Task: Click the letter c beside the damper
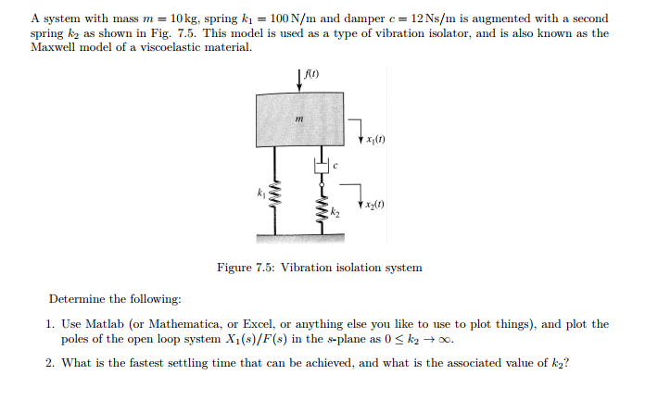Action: [x=337, y=167]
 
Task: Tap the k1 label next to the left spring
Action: [x=261, y=193]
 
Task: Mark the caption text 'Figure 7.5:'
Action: [x=246, y=268]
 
